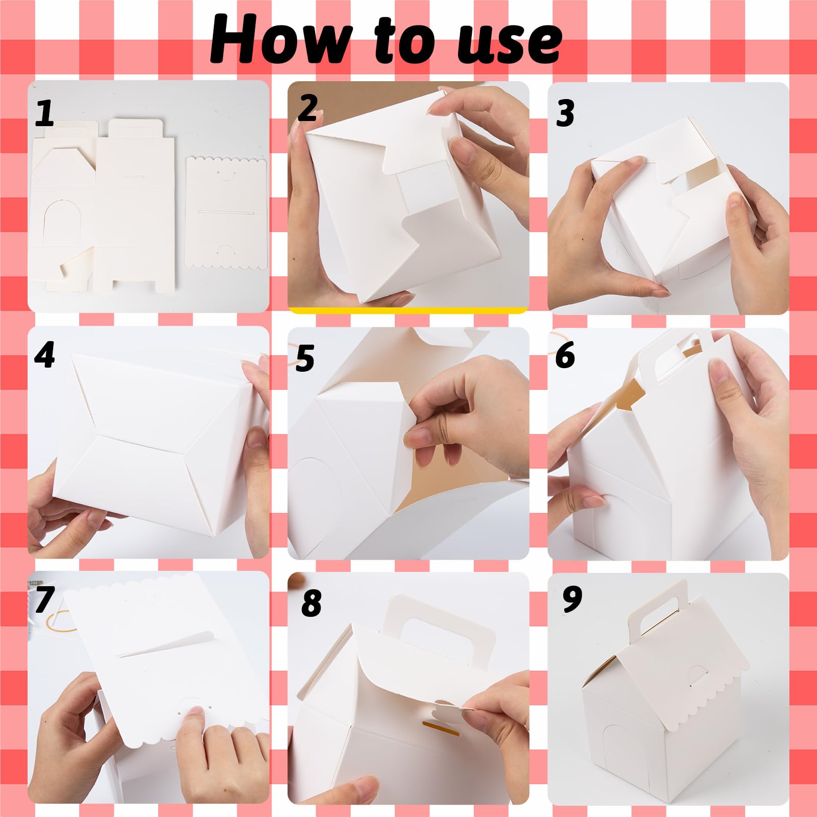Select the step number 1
pos(44,113)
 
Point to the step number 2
pos(308,108)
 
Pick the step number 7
pos(45,599)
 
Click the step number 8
pos(311,603)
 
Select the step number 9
pos(572,599)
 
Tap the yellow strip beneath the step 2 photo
pos(408,310)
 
